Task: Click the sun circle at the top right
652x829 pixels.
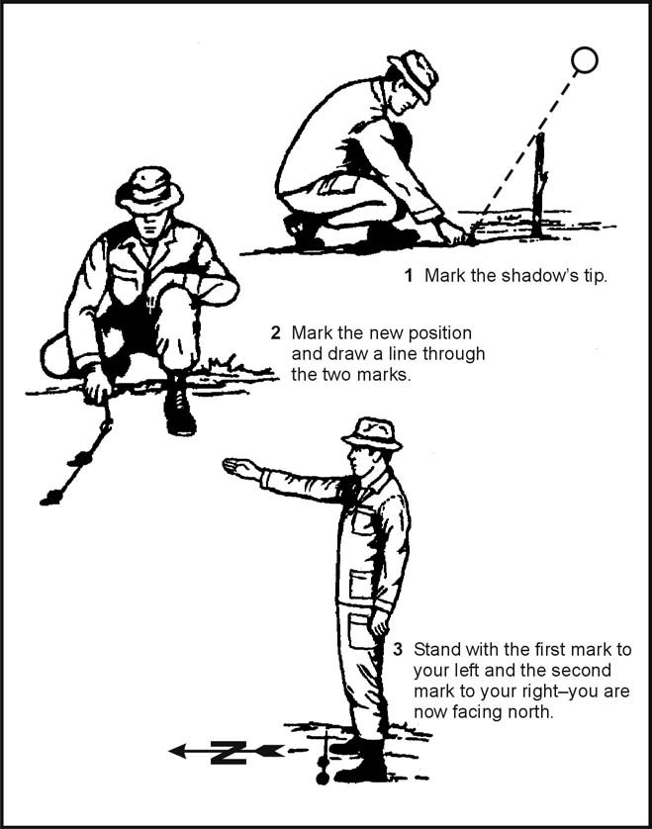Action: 585,60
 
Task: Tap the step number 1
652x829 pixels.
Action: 408,276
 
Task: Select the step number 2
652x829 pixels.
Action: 276,331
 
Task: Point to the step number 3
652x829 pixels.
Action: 398,650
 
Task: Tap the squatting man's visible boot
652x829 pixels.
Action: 179,411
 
